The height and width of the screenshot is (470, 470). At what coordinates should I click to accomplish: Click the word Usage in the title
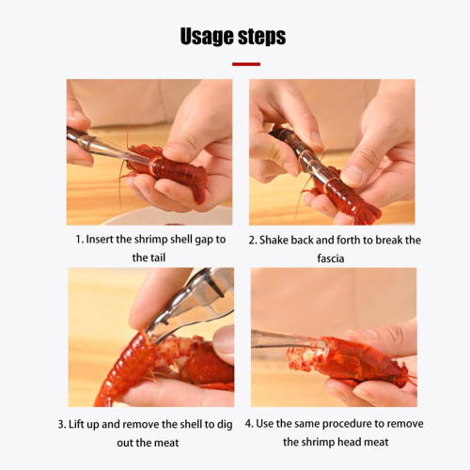tap(207, 37)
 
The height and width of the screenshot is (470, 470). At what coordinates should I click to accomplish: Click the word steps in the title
tap(262, 37)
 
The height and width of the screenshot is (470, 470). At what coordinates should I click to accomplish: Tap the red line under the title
tap(246, 64)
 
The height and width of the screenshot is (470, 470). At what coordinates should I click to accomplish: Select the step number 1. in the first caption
tap(80, 240)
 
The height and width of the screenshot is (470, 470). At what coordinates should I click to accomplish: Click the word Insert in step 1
tap(100, 240)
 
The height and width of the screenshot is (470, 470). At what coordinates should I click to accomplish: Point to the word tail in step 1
tap(158, 258)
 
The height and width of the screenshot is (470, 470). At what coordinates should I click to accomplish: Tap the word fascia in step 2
tap(331, 258)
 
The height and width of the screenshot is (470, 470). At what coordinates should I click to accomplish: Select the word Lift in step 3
tap(75, 424)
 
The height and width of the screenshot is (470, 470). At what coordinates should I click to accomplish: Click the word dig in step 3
tap(226, 425)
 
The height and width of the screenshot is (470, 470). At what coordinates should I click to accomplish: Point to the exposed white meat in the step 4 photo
tap(305, 357)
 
